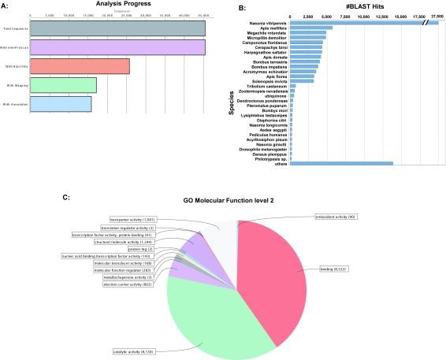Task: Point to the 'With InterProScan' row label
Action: pyautogui.click(x=15, y=47)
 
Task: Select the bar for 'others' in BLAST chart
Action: pyautogui.click(x=341, y=163)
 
